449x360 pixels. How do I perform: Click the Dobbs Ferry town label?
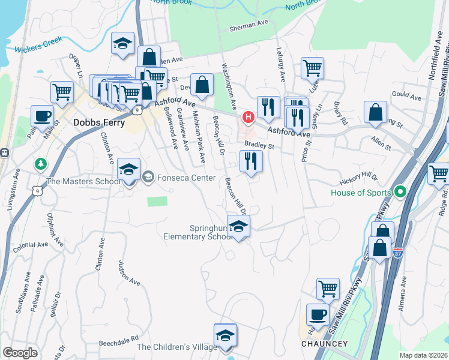[x=99, y=122]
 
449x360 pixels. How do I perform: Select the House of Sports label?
[x=361, y=193]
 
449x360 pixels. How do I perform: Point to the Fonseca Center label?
[x=185, y=177]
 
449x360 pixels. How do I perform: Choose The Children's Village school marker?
[x=225, y=334]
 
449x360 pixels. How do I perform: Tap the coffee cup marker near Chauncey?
[x=318, y=314]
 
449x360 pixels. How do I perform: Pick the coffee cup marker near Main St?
[x=43, y=115]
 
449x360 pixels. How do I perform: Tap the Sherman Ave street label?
[x=249, y=28]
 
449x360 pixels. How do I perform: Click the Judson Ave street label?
[x=129, y=273]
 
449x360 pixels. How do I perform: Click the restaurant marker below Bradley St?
[x=251, y=161]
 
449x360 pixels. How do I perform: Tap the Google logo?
[x=20, y=352]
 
